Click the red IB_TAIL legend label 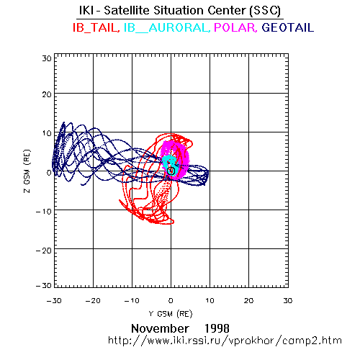click(x=96, y=27)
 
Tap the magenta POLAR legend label click(x=235, y=27)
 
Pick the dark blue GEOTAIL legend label click(x=288, y=27)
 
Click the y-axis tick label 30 click(x=47, y=58)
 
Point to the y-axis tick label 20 click(x=47, y=94)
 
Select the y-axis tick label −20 click(x=44, y=251)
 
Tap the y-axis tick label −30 click(x=44, y=285)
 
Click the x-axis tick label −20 click(x=93, y=301)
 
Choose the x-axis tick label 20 click(x=249, y=301)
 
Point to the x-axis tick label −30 click(x=54, y=301)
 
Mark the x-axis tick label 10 click(x=210, y=301)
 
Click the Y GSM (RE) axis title click(x=171, y=314)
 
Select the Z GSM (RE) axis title click(x=27, y=171)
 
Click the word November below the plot click(x=160, y=328)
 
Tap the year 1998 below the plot click(x=217, y=328)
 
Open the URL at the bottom click(x=225, y=341)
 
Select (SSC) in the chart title click(x=265, y=11)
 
